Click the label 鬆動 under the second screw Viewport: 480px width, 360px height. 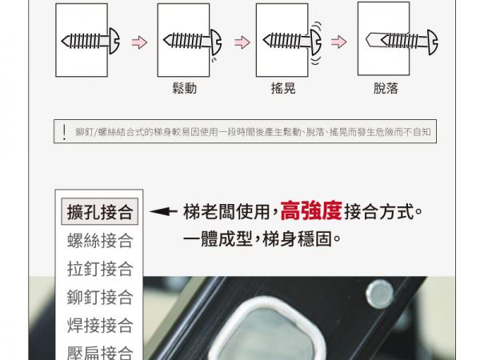click(x=184, y=89)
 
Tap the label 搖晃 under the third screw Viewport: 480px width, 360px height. click(x=283, y=89)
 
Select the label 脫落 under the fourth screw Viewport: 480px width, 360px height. click(x=386, y=89)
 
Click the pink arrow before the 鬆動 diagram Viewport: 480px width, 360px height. click(x=139, y=42)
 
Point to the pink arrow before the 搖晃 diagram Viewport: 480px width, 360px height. click(x=242, y=42)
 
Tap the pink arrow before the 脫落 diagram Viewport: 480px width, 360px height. click(x=338, y=42)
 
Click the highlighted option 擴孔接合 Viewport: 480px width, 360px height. click(x=100, y=212)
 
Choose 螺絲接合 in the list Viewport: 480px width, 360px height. click(x=100, y=240)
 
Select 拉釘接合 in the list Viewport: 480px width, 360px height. click(x=100, y=269)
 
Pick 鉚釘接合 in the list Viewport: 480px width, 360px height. click(x=100, y=297)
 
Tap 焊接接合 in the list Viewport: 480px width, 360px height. click(x=100, y=325)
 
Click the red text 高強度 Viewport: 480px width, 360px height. click(x=311, y=211)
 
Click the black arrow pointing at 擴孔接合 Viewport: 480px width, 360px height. click(x=163, y=211)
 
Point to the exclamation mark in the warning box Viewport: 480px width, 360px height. click(x=64, y=132)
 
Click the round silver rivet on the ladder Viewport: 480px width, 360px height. click(x=379, y=294)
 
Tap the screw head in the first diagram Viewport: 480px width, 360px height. click(x=114, y=41)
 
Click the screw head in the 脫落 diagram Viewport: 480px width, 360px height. click(x=433, y=42)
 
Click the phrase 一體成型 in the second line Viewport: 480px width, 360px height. click(x=218, y=239)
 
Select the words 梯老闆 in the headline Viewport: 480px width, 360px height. click(x=209, y=212)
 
